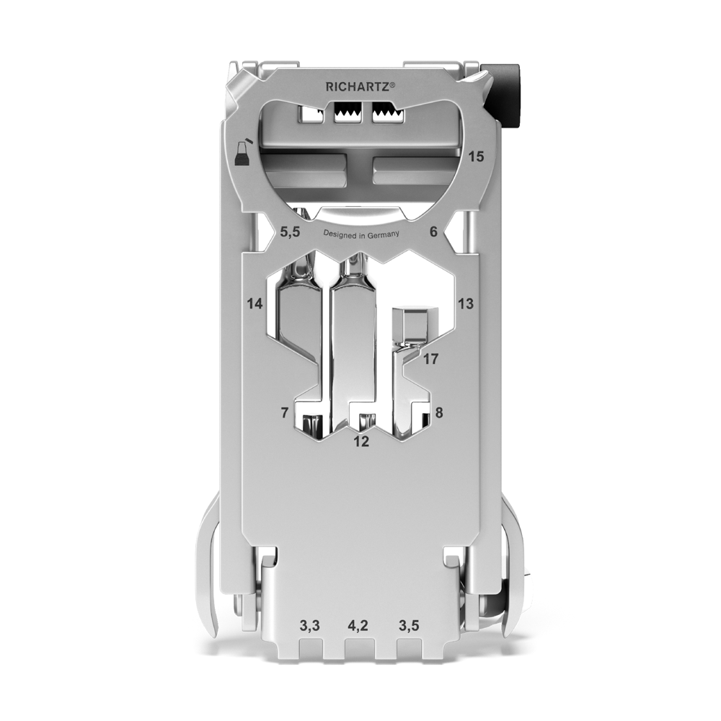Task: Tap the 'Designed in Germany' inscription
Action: [361, 234]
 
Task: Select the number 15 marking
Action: [477, 156]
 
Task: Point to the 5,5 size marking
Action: [290, 232]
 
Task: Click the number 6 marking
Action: [433, 232]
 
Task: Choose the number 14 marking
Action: [255, 304]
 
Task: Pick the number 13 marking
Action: [465, 304]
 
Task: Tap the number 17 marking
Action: [431, 358]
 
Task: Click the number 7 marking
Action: [285, 413]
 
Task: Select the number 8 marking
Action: [439, 413]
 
